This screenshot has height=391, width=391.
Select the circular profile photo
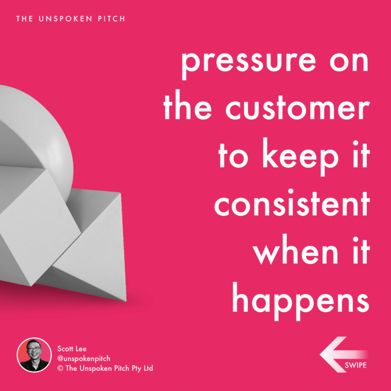pos(34,355)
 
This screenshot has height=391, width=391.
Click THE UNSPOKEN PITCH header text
pos(71,19)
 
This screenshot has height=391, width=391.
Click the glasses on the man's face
pos(34,349)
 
